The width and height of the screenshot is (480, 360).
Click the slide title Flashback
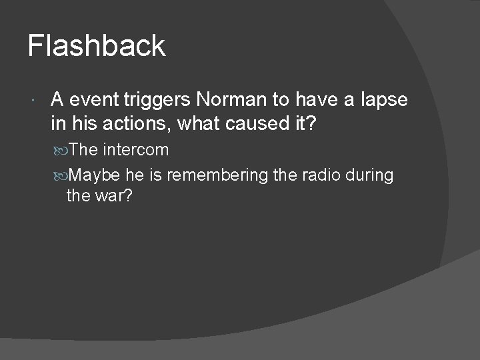click(x=96, y=46)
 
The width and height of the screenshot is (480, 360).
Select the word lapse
click(x=384, y=100)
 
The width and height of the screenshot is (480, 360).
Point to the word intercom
click(x=136, y=150)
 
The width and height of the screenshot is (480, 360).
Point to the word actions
click(x=126, y=124)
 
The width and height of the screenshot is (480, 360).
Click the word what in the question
click(x=195, y=124)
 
